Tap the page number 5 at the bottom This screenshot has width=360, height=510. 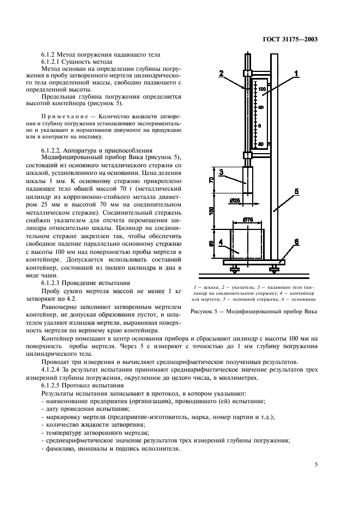tap(316, 464)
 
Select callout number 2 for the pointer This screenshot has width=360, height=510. tap(222, 73)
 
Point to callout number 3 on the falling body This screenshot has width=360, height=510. tap(222, 172)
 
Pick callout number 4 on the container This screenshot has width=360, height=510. tap(222, 242)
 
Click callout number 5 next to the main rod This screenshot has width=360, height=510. tap(296, 192)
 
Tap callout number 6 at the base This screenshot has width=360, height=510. tap(296, 242)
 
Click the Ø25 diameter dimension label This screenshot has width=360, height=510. tap(251, 200)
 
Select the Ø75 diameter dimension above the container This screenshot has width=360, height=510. tap(247, 220)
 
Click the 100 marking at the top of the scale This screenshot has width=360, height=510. tap(262, 88)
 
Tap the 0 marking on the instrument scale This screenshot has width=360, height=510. tap(260, 125)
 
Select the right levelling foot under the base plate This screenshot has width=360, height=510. tap(273, 269)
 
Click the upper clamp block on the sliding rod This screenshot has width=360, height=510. tap(248, 73)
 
